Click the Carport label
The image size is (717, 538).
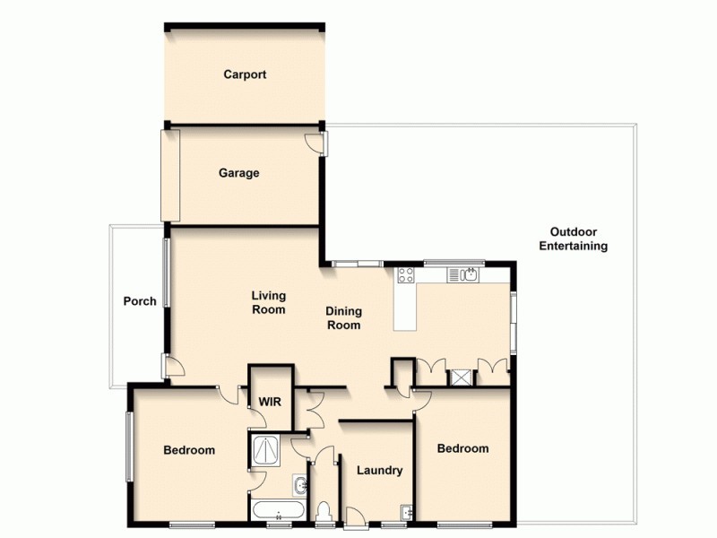[x=245, y=75]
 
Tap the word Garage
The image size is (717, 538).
[x=238, y=173]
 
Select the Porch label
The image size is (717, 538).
[x=140, y=301]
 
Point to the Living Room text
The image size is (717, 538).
[x=268, y=303]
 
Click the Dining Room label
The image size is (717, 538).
[x=343, y=318]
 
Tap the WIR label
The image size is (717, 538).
[x=271, y=402]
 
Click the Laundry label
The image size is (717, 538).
[x=379, y=471]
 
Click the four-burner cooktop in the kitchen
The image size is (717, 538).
[x=405, y=275]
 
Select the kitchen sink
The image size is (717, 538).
[x=468, y=274]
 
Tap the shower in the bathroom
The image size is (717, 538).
[x=266, y=449]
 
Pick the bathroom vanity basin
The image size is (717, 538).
[x=299, y=486]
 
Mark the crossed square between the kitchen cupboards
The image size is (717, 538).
[x=462, y=377]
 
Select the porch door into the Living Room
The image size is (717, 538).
[x=174, y=365]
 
